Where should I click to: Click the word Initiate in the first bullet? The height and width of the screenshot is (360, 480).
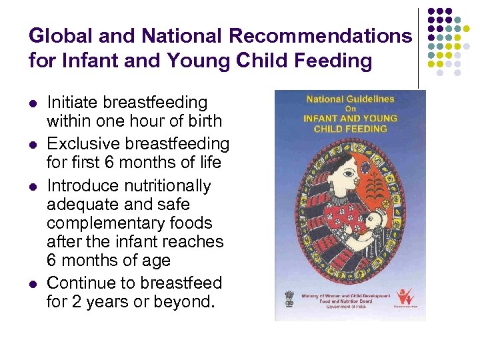pyautogui.click(x=70, y=103)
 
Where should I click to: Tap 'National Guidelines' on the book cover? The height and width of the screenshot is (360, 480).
pyautogui.click(x=350, y=99)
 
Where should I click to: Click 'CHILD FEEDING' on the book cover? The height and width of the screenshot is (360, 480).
pyautogui.click(x=350, y=128)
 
